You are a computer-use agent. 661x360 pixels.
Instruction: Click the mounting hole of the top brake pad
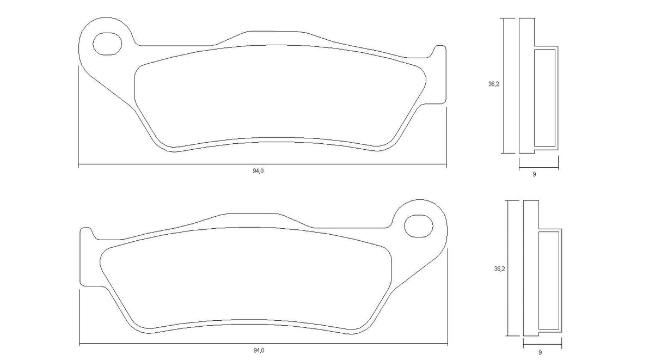106,44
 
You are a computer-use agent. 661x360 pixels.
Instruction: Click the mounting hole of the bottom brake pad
418,225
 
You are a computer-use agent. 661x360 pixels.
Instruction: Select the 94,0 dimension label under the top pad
258,171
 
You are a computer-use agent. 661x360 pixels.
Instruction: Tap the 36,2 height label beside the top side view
493,84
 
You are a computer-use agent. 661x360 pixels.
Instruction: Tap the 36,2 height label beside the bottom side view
498,268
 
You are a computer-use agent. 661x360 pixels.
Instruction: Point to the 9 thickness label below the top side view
534,174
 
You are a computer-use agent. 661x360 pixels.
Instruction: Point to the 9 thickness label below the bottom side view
540,352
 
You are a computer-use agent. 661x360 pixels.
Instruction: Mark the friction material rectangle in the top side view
544,98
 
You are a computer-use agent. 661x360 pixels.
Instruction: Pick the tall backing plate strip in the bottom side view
531,268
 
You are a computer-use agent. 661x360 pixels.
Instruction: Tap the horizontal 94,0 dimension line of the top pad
163,164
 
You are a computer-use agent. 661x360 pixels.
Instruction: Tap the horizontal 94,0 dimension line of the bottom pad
163,344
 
